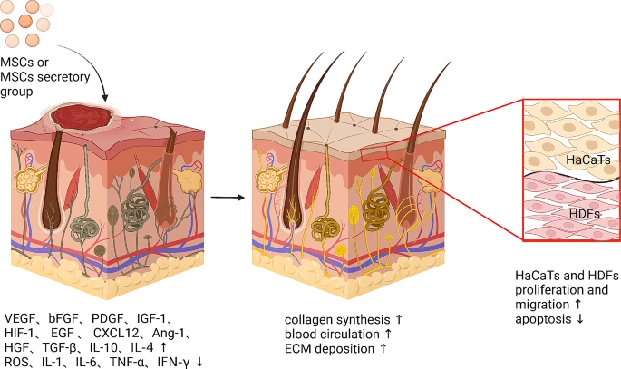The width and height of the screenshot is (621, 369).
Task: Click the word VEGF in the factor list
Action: pos(21,318)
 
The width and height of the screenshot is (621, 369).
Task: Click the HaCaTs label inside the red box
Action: pos(586,160)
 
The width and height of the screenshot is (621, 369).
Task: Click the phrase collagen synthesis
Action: pos(325,321)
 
